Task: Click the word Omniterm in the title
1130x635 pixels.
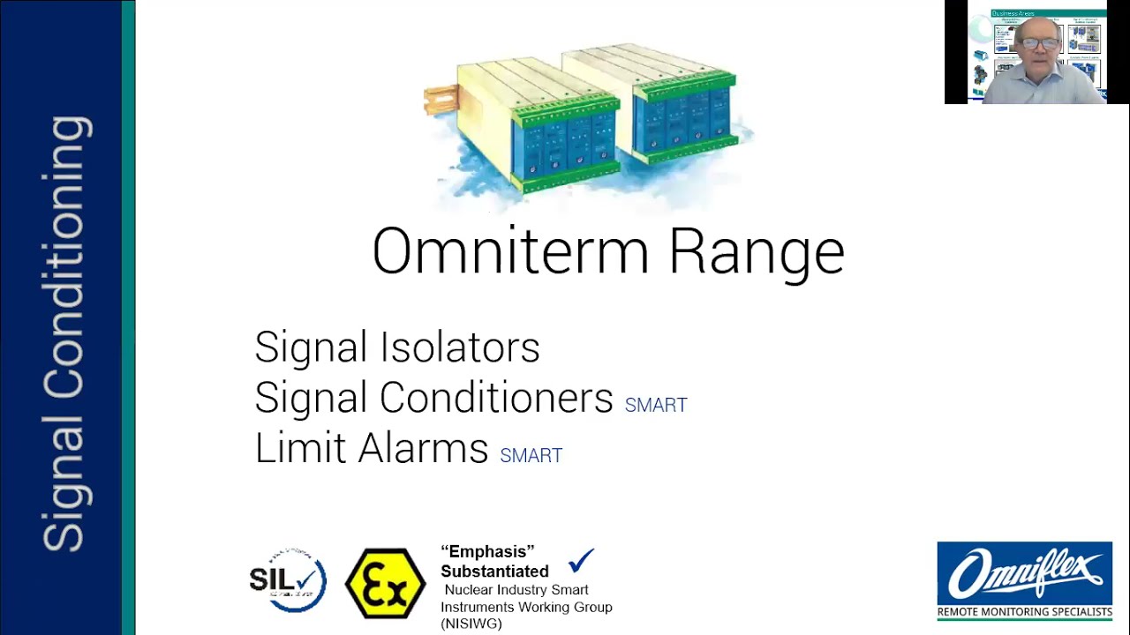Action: point(511,252)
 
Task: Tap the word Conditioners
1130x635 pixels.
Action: point(496,398)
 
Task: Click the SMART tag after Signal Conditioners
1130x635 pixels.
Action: point(656,406)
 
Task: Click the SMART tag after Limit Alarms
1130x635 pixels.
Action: point(531,456)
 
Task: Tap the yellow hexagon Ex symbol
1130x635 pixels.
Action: point(385,583)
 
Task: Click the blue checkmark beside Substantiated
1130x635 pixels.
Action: point(582,559)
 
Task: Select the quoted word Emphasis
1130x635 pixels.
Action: point(487,552)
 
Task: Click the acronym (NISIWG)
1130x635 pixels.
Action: point(471,624)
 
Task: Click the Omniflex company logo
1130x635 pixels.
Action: point(1024,573)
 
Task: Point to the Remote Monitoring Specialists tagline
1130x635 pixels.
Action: point(1024,611)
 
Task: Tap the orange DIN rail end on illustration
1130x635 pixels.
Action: point(439,100)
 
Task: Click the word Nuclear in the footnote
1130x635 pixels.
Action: point(467,590)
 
